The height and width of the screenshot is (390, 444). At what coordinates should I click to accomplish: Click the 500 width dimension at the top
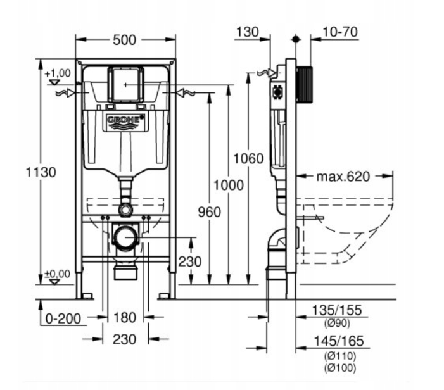[124, 40]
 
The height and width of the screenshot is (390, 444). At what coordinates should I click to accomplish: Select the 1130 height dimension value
[41, 172]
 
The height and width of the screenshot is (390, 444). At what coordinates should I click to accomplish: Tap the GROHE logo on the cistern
[125, 120]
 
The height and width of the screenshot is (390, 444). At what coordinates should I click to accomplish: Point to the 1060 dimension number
[248, 158]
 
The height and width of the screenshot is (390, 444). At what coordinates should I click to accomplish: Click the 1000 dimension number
[228, 186]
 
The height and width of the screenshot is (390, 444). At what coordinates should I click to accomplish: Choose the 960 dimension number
[209, 212]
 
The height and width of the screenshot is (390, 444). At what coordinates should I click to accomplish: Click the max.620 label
[343, 177]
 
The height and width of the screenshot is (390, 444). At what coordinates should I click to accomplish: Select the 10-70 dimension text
[340, 32]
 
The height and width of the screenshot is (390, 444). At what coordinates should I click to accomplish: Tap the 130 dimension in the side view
[247, 32]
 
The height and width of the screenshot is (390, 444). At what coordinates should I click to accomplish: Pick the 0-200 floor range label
[63, 318]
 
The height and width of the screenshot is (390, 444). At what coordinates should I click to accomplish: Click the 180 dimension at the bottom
[125, 318]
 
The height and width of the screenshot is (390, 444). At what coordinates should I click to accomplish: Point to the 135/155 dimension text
[337, 310]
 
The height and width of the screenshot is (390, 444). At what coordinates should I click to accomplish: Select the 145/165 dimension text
[339, 341]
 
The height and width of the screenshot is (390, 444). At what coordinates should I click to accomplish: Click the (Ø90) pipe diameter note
[337, 324]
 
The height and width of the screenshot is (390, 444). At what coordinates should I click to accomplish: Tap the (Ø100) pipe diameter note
[340, 368]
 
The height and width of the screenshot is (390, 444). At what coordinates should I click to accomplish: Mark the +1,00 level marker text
[58, 73]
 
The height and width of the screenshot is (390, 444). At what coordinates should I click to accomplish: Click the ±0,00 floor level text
[58, 274]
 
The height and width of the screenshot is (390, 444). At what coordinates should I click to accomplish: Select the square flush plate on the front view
[125, 84]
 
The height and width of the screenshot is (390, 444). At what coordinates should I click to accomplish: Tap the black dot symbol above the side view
[296, 39]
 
